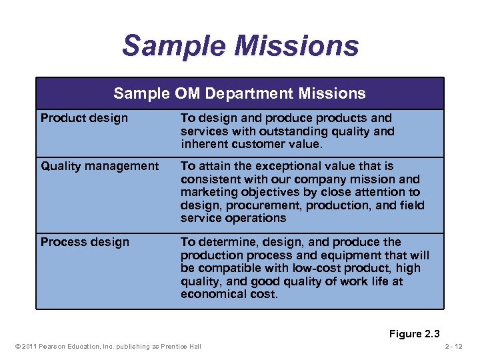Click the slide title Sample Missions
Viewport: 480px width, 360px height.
240,46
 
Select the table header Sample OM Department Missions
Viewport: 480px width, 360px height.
239,93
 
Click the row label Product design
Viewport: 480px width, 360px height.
84,119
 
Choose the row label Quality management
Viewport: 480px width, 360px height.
100,166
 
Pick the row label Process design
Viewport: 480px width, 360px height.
85,242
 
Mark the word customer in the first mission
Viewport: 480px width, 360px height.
255,144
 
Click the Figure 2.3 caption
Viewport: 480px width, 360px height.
415,333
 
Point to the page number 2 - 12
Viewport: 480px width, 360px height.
458,346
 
